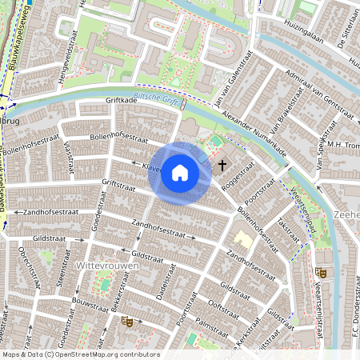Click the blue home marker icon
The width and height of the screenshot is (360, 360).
tap(179, 173)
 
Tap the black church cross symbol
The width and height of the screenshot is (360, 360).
tap(222, 165)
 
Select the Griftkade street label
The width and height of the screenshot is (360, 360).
tap(122, 101)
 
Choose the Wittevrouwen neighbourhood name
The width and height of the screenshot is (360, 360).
tap(102, 264)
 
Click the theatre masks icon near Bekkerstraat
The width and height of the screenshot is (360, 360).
tap(126, 321)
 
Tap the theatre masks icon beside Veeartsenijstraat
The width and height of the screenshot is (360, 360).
tap(320, 272)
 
